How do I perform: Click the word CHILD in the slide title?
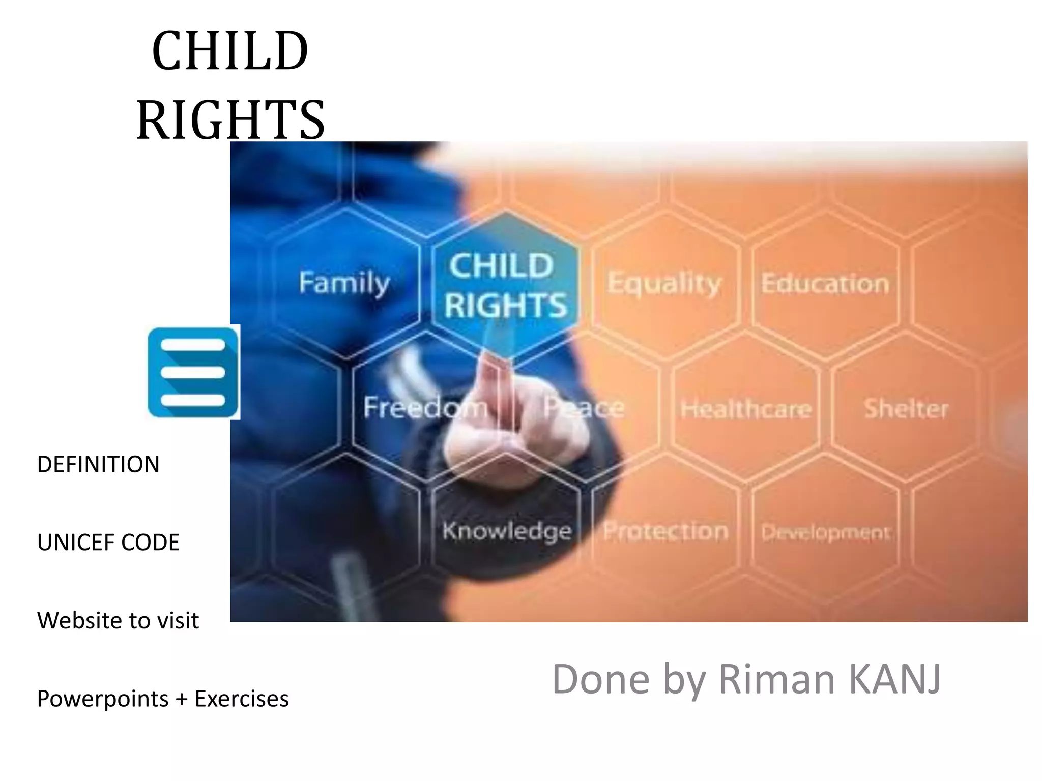pos(230,51)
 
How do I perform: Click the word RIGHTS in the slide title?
pos(230,120)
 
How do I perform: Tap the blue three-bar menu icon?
pos(193,372)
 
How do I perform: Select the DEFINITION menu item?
pos(98,465)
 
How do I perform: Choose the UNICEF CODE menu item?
pos(108,543)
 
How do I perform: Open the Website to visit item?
pos(118,620)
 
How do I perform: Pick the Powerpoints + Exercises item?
pos(163,699)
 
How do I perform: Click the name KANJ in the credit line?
pos(895,679)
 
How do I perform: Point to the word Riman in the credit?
pos(776,679)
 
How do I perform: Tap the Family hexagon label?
pos(344,283)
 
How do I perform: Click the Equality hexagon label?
pos(664,284)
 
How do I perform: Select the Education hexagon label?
pos(825,284)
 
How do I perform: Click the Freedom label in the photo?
pos(425,407)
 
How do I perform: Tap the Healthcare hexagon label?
pos(746,409)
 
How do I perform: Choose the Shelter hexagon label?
pos(906,409)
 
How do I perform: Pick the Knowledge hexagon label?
pos(507,531)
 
